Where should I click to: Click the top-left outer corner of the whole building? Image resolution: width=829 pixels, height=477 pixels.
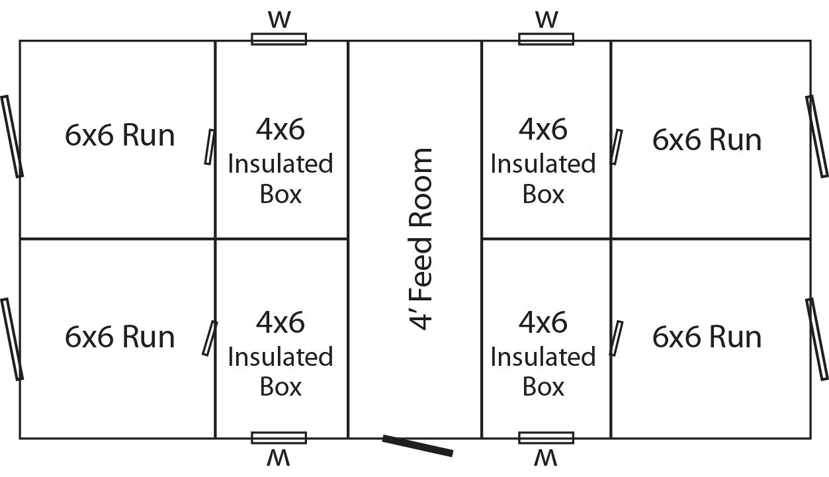[20, 41]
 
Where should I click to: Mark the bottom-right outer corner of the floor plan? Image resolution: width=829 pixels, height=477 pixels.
[810, 439]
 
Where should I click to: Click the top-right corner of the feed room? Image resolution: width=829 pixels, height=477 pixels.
[482, 41]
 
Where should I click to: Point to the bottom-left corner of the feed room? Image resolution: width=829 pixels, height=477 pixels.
[348, 439]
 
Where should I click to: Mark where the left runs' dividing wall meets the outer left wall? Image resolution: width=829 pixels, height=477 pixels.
[20, 239]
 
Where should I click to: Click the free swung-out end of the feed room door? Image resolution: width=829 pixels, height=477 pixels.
[453, 453]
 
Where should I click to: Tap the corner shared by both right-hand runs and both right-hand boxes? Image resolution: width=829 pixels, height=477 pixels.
[611, 239]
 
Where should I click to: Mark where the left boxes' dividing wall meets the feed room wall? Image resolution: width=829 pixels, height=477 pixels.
[348, 239]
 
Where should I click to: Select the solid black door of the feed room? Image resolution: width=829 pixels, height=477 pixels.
[418, 445]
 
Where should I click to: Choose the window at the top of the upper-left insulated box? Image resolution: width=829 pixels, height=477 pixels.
[279, 39]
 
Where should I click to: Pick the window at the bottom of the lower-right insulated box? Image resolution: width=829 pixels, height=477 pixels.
[546, 437]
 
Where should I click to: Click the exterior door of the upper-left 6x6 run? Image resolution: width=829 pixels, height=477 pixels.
[12, 136]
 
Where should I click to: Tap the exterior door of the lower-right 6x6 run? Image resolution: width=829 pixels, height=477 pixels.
[817, 339]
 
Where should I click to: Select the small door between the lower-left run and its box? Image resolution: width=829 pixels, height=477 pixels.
[210, 338]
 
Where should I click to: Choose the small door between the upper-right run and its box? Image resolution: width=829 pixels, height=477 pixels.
[616, 147]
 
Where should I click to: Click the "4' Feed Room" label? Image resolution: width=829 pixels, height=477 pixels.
[420, 239]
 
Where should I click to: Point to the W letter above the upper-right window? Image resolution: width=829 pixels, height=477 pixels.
[546, 20]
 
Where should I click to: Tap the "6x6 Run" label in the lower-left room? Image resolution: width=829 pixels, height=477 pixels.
[120, 337]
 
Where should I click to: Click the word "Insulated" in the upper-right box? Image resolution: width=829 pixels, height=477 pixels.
[543, 163]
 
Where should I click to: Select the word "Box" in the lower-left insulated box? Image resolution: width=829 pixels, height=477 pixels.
[281, 387]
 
